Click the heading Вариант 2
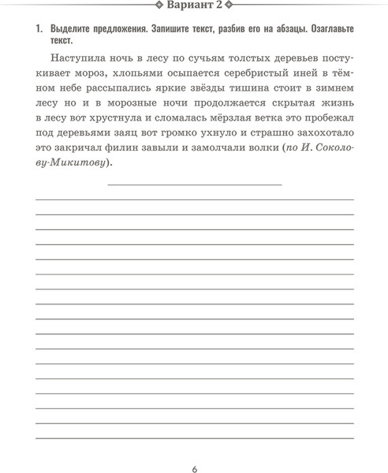[194, 6]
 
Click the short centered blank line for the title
[194, 184]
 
